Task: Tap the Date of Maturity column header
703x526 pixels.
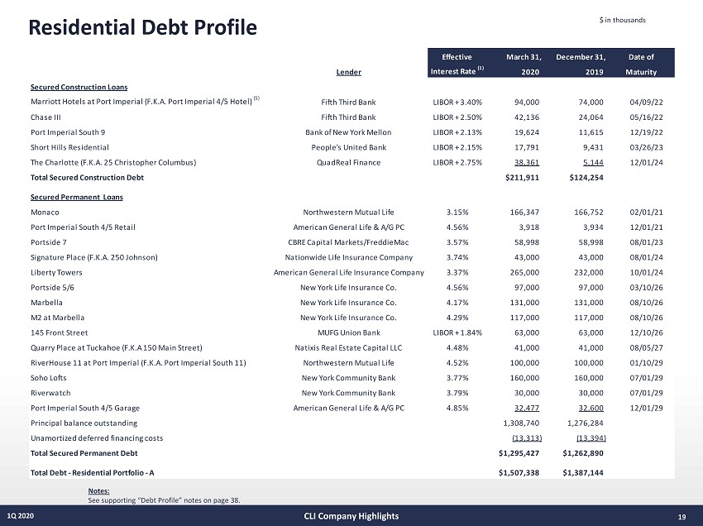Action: [x=641, y=64]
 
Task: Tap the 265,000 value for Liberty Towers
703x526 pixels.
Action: [x=527, y=272]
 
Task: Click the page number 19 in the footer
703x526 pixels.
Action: [x=681, y=517]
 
